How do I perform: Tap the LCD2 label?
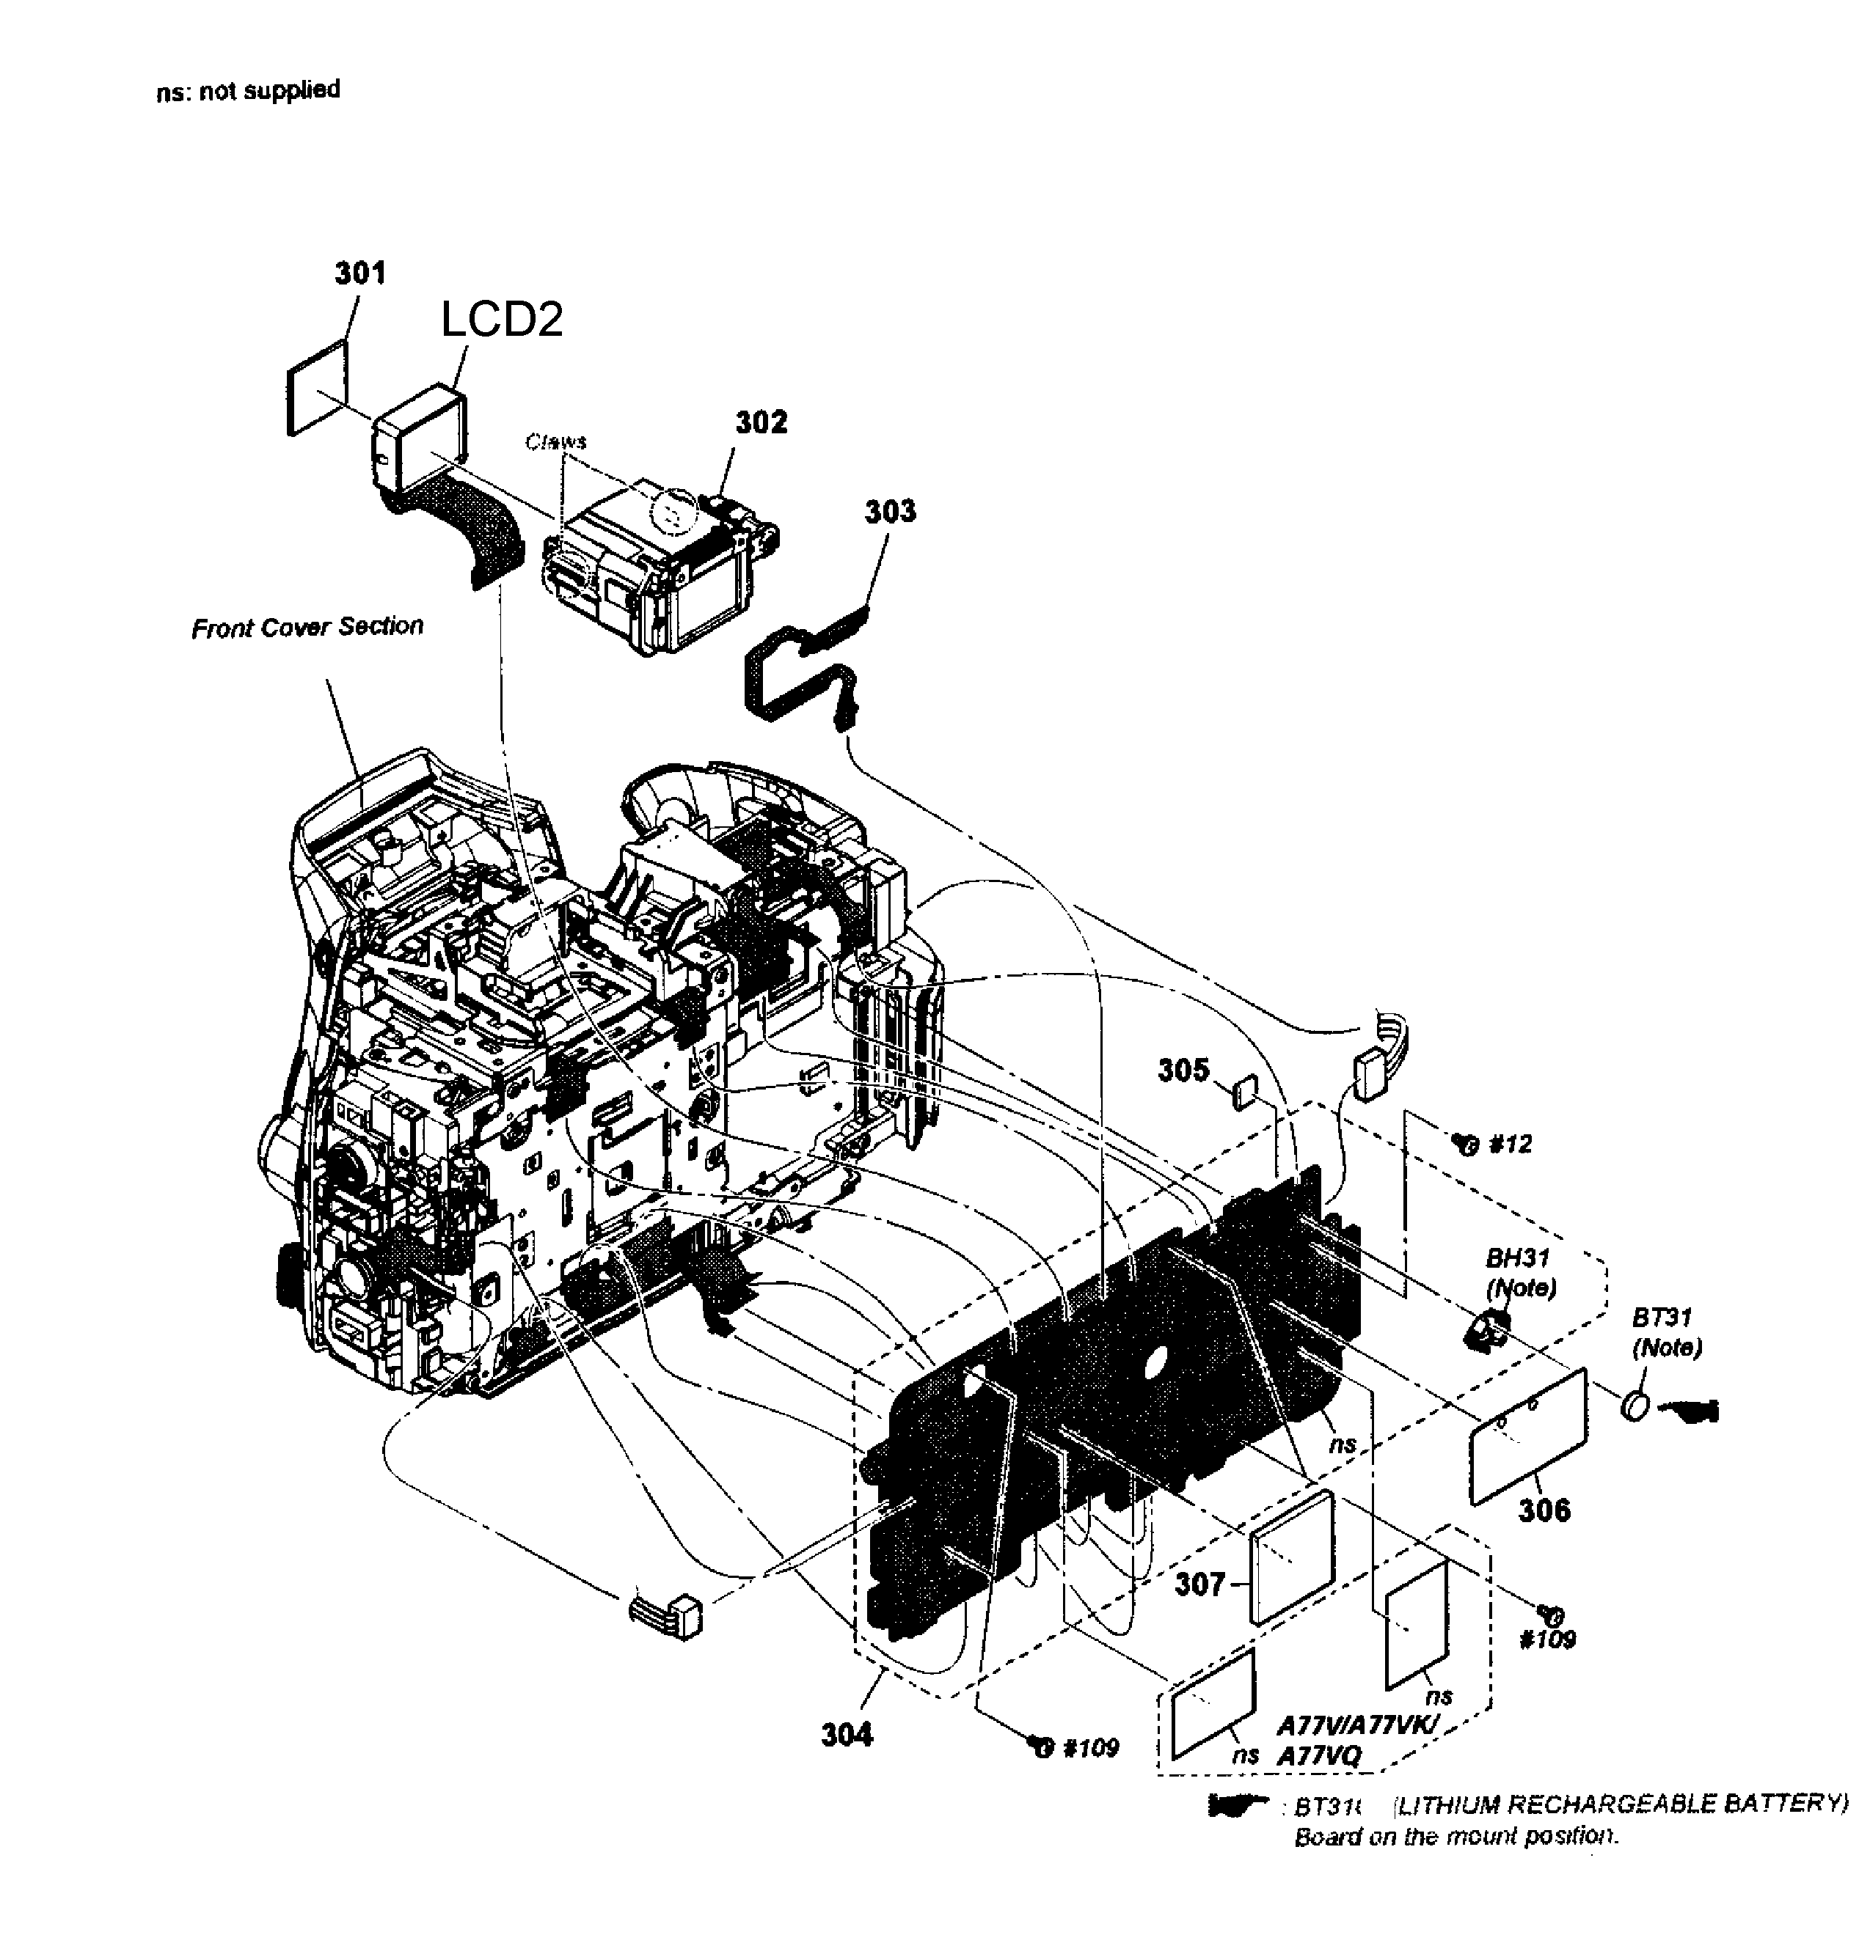tap(501, 319)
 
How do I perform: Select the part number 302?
tap(761, 422)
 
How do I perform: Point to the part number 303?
tap(889, 511)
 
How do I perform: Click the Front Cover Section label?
tap(307, 627)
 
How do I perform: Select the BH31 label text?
tap(1517, 1257)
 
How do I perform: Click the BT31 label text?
tap(1661, 1318)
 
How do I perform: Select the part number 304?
tap(847, 1735)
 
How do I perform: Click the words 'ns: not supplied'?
tap(248, 91)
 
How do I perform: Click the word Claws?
tap(556, 441)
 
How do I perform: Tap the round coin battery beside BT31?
tap(1635, 1407)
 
